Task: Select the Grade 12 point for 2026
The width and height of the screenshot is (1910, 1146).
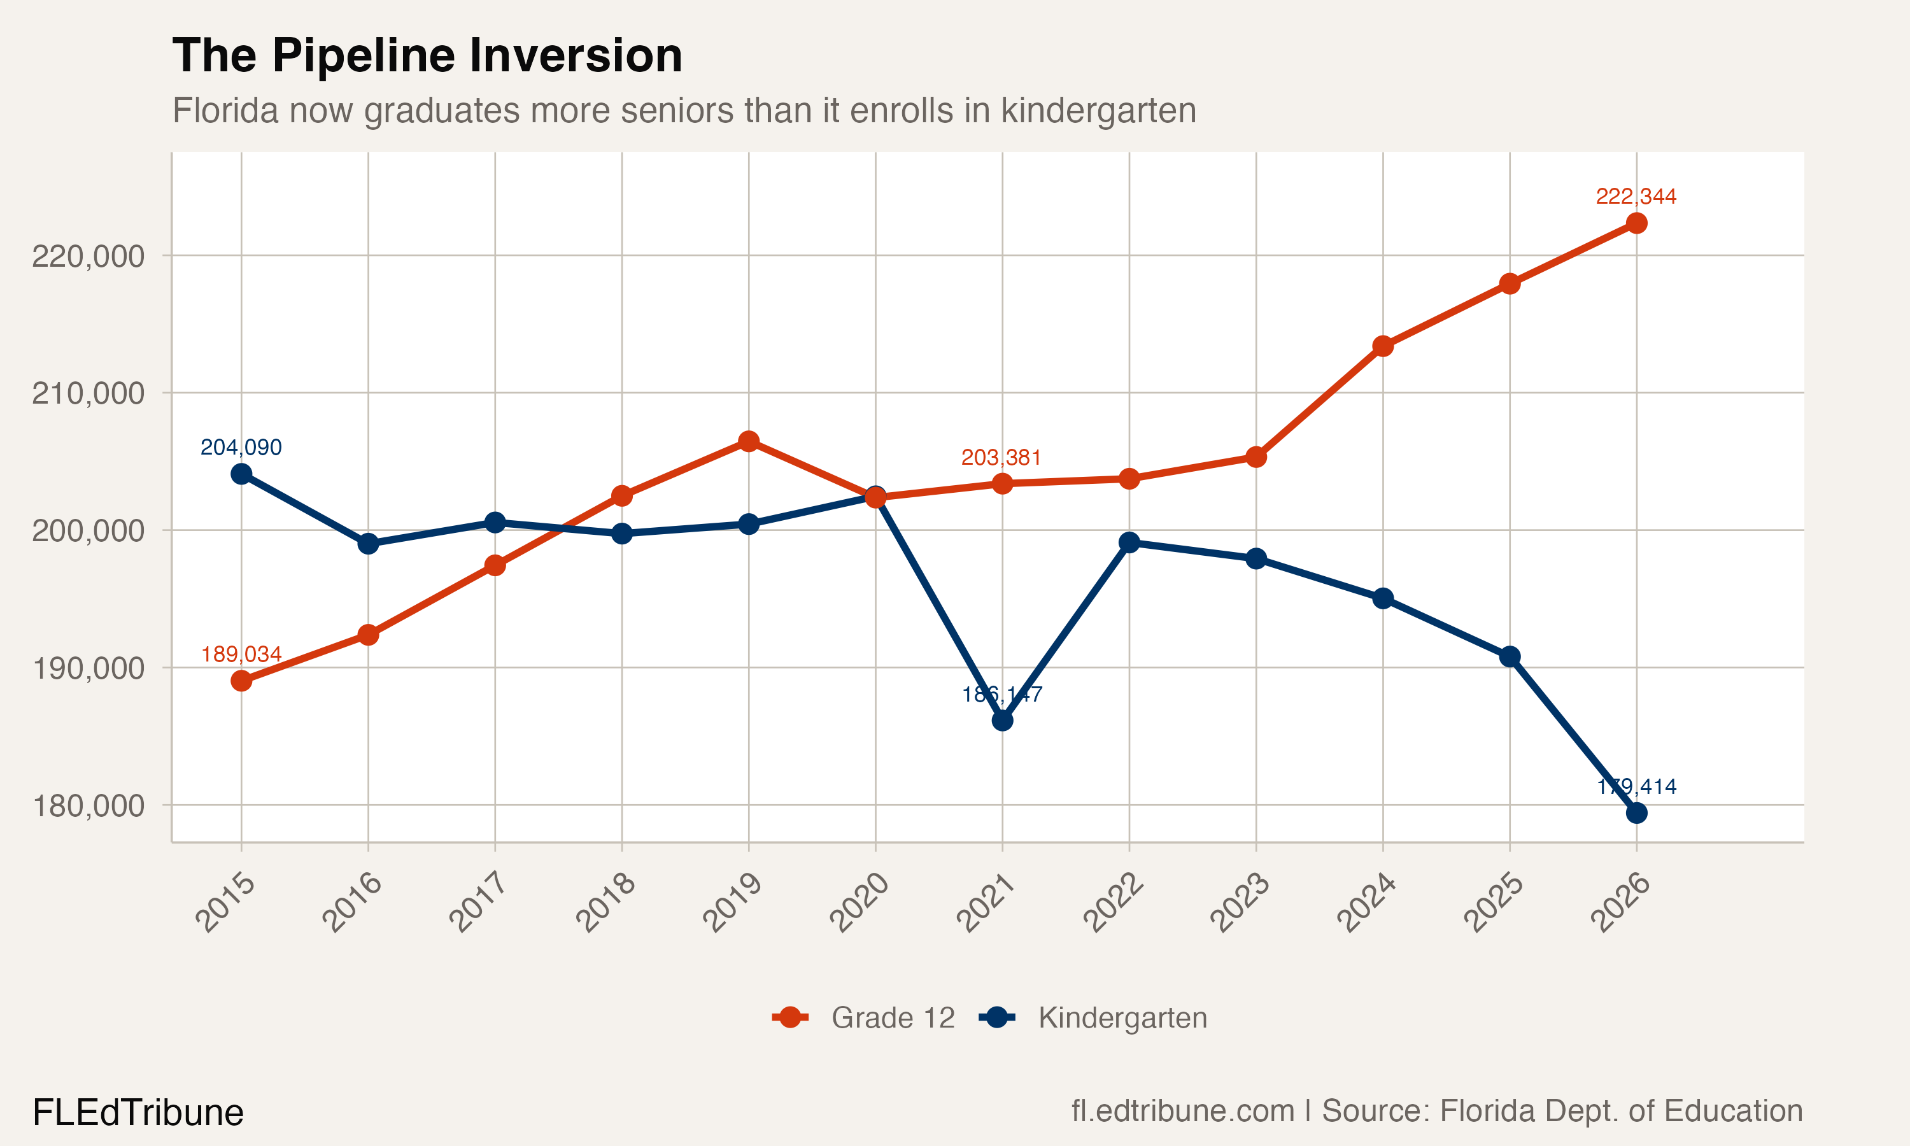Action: (1636, 223)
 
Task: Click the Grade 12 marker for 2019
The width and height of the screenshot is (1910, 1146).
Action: (748, 441)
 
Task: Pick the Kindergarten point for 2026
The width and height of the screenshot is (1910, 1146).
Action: (1636, 813)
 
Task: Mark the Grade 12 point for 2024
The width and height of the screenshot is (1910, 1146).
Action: (1383, 346)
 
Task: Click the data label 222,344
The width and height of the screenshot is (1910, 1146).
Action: (1636, 197)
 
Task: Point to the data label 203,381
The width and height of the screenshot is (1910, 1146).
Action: (1001, 458)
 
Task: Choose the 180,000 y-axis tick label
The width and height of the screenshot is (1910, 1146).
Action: (88, 806)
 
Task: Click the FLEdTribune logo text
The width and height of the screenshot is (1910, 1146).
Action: (138, 1113)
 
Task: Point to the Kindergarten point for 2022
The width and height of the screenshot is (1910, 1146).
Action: (1129, 542)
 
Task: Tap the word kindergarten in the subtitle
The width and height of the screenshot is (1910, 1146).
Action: (1099, 110)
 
